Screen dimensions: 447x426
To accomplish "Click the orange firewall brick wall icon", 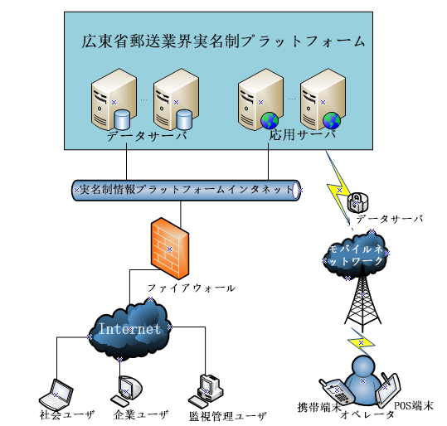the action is coord(170,249).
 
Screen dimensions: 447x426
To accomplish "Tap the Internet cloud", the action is coord(129,329).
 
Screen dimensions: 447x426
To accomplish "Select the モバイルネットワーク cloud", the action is coord(356,255).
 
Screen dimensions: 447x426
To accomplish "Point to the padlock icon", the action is coord(357,202).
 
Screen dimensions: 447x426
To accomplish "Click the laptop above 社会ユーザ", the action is coord(56,395).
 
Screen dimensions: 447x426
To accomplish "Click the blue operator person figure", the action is coord(362,380).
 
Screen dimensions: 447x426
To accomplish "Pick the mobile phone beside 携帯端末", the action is coord(337,392).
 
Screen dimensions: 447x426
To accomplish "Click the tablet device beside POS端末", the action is coord(387,389).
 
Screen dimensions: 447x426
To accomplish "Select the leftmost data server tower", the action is coord(114,99).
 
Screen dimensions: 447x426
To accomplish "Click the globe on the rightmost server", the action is coord(332,121).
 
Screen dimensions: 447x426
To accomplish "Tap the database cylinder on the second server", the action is coord(184,119).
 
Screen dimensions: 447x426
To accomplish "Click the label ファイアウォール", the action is coord(192,288).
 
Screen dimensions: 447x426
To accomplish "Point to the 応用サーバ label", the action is coord(303,135).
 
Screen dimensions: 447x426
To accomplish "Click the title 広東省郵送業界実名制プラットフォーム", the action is coord(224,41).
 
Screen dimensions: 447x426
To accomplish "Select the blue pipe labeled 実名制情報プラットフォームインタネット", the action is coord(186,190).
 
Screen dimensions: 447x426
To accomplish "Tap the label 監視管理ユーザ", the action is coord(228,417).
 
